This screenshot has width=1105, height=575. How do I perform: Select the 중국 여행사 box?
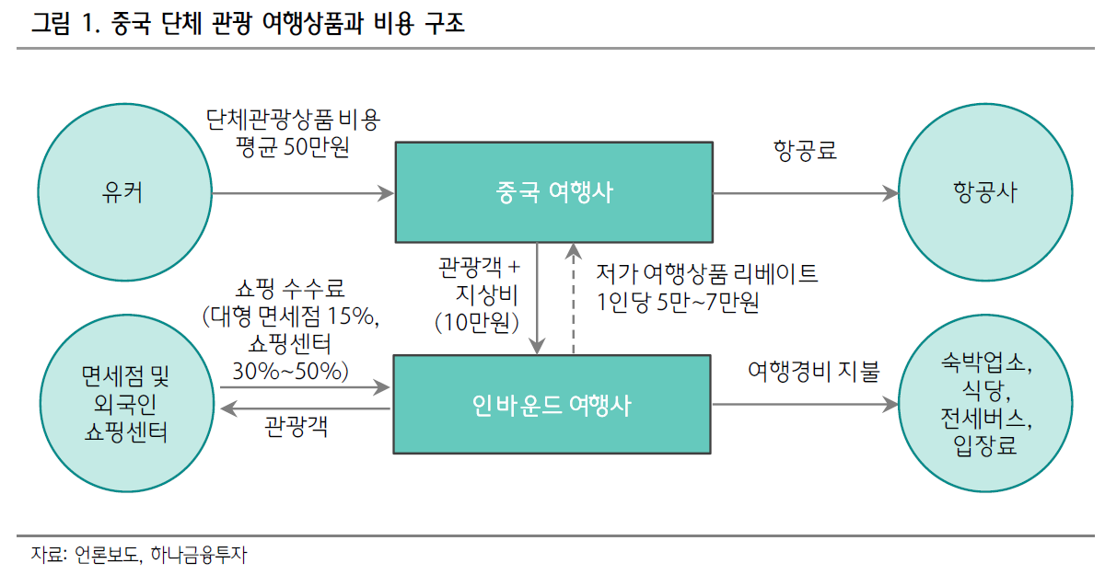click(x=553, y=192)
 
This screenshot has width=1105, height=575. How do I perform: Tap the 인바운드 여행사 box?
click(x=552, y=404)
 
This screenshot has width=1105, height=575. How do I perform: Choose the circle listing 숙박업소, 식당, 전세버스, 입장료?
click(x=985, y=404)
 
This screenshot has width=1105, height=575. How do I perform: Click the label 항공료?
click(x=806, y=151)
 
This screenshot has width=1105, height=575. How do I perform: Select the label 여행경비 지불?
click(x=813, y=372)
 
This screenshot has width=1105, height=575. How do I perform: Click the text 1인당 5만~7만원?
click(x=678, y=303)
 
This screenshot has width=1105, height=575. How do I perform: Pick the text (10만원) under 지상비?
click(x=477, y=321)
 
